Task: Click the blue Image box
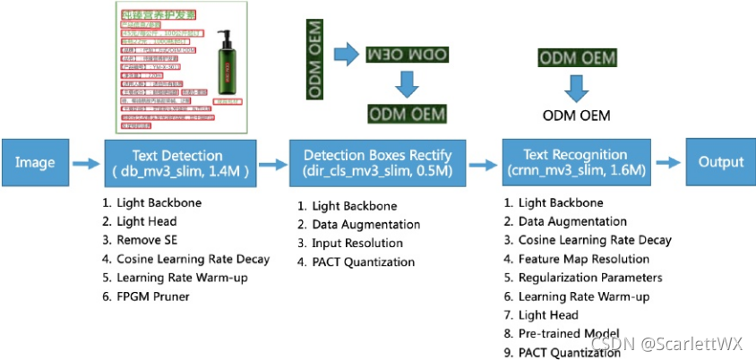pos(34,162)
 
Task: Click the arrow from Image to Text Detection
pos(87,163)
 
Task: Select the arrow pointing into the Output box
pos(670,163)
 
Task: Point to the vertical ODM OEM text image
pos(315,60)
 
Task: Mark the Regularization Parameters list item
pos(590,278)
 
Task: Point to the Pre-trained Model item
pos(569,334)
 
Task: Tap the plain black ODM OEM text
pos(577,116)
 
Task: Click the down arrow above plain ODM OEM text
pos(576,87)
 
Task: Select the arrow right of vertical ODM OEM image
pos(346,56)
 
